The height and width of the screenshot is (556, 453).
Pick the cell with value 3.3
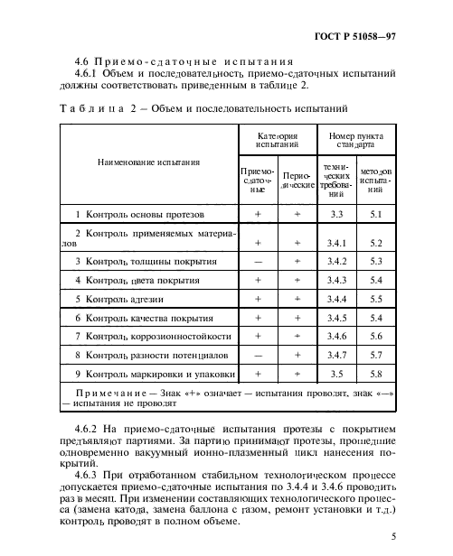tap(337, 215)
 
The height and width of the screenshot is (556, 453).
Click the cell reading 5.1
tap(377, 215)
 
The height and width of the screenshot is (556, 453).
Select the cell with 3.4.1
tap(337, 243)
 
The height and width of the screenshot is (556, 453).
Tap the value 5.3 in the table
tap(377, 261)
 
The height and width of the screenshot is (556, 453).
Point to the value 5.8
tap(377, 373)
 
